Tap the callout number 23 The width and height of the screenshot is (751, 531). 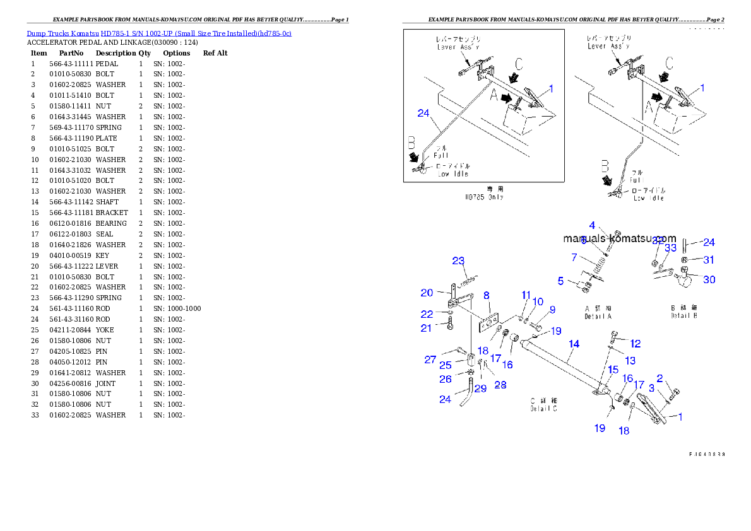click(458, 261)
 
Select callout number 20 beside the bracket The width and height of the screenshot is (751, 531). click(427, 293)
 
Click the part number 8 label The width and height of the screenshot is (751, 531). click(487, 295)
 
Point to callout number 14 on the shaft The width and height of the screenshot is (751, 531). click(574, 344)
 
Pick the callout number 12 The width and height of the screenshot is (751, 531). click(636, 344)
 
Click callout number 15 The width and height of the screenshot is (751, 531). click(613, 369)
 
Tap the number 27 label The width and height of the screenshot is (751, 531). click(430, 359)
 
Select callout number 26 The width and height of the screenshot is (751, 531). click(446, 379)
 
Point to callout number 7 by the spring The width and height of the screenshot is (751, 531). click(574, 257)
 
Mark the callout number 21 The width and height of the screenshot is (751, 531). click(427, 328)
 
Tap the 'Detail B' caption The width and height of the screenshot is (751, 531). click(684, 313)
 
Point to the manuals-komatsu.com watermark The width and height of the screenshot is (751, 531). click(619, 238)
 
